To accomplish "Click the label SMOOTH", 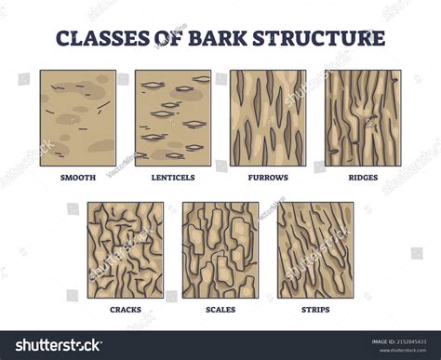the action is (78, 176).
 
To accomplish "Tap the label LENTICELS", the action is (173, 176).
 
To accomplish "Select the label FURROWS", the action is (268, 176).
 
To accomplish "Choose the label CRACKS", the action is (126, 310).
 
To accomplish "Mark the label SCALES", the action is (220, 310).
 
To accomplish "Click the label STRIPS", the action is (315, 310).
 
